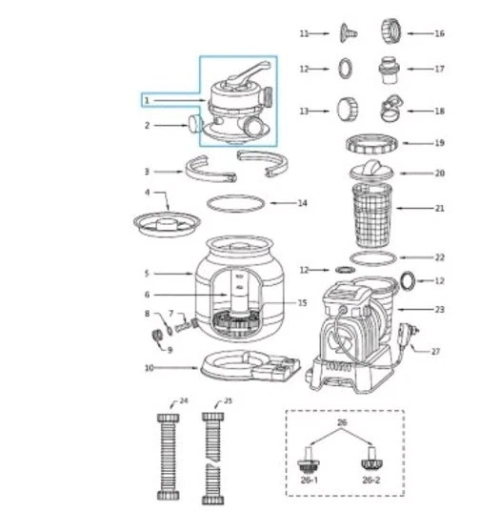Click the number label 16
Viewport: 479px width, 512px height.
tap(439, 33)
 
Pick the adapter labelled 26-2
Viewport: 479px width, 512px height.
tap(370, 465)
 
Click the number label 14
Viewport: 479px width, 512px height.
tap(302, 203)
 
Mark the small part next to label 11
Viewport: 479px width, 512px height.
tap(346, 34)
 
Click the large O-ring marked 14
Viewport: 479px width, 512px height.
tap(235, 203)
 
